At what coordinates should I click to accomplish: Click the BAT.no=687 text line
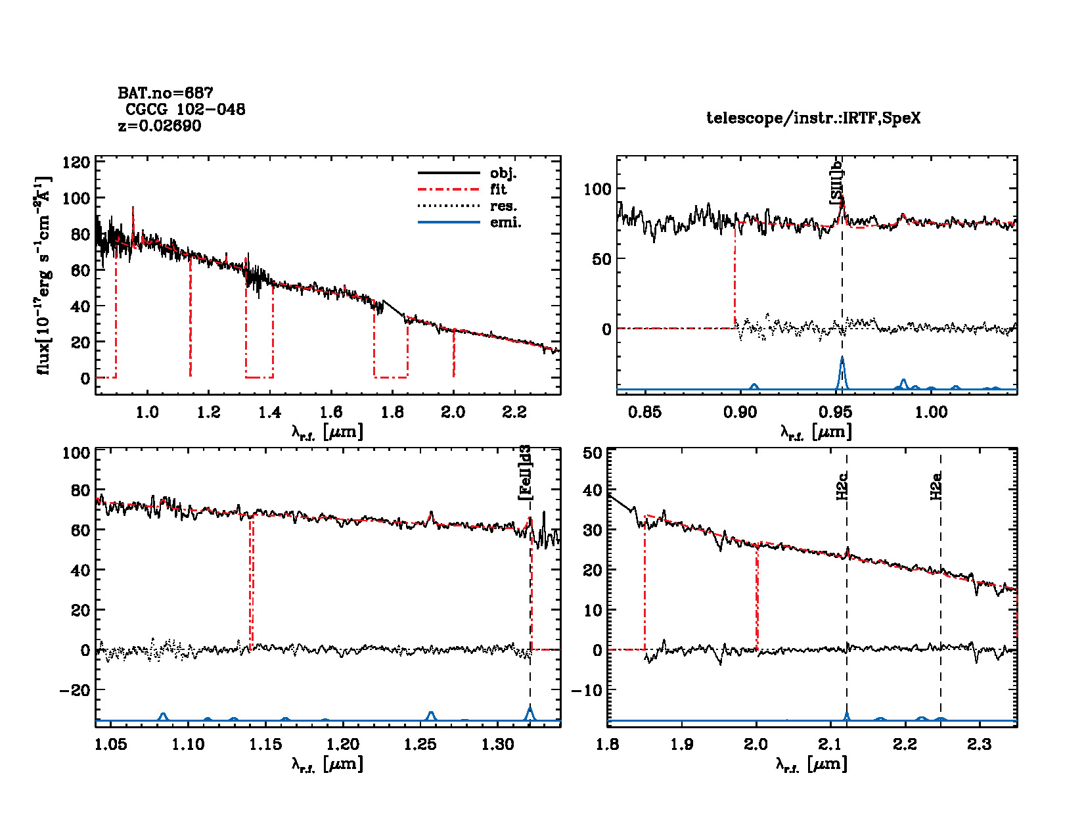[166, 93]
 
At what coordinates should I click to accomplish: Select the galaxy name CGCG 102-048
[185, 110]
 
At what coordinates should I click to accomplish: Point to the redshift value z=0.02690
[160, 126]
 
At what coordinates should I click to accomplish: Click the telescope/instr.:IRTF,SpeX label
[813, 118]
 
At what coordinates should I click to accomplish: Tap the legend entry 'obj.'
[503, 174]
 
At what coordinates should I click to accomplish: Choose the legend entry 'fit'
[498, 190]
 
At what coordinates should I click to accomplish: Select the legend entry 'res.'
[503, 206]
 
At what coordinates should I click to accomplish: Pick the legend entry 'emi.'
[505, 223]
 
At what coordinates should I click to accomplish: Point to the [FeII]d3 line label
[525, 473]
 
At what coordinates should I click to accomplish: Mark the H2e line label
[936, 486]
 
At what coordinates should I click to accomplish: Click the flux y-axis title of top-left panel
[43, 276]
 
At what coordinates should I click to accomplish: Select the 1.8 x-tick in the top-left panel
[392, 412]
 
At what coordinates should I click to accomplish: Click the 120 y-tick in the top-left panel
[76, 162]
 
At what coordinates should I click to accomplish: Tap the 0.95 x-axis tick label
[836, 412]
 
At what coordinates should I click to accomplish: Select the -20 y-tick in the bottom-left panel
[74, 690]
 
